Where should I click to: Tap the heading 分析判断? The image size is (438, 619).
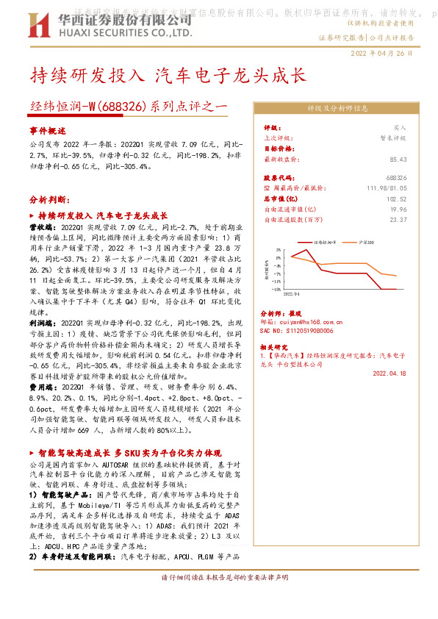coord(49,199)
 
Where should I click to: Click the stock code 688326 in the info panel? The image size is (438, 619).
coord(395,178)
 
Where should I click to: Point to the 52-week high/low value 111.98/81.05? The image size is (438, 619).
coord(385,188)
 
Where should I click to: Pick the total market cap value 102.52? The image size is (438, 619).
coord(397,198)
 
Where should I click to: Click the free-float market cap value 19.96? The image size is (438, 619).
coord(398,209)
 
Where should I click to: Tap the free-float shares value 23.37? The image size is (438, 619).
coord(398,219)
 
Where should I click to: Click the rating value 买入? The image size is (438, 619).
coord(400,127)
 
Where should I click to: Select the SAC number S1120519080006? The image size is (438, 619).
coord(301,332)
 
